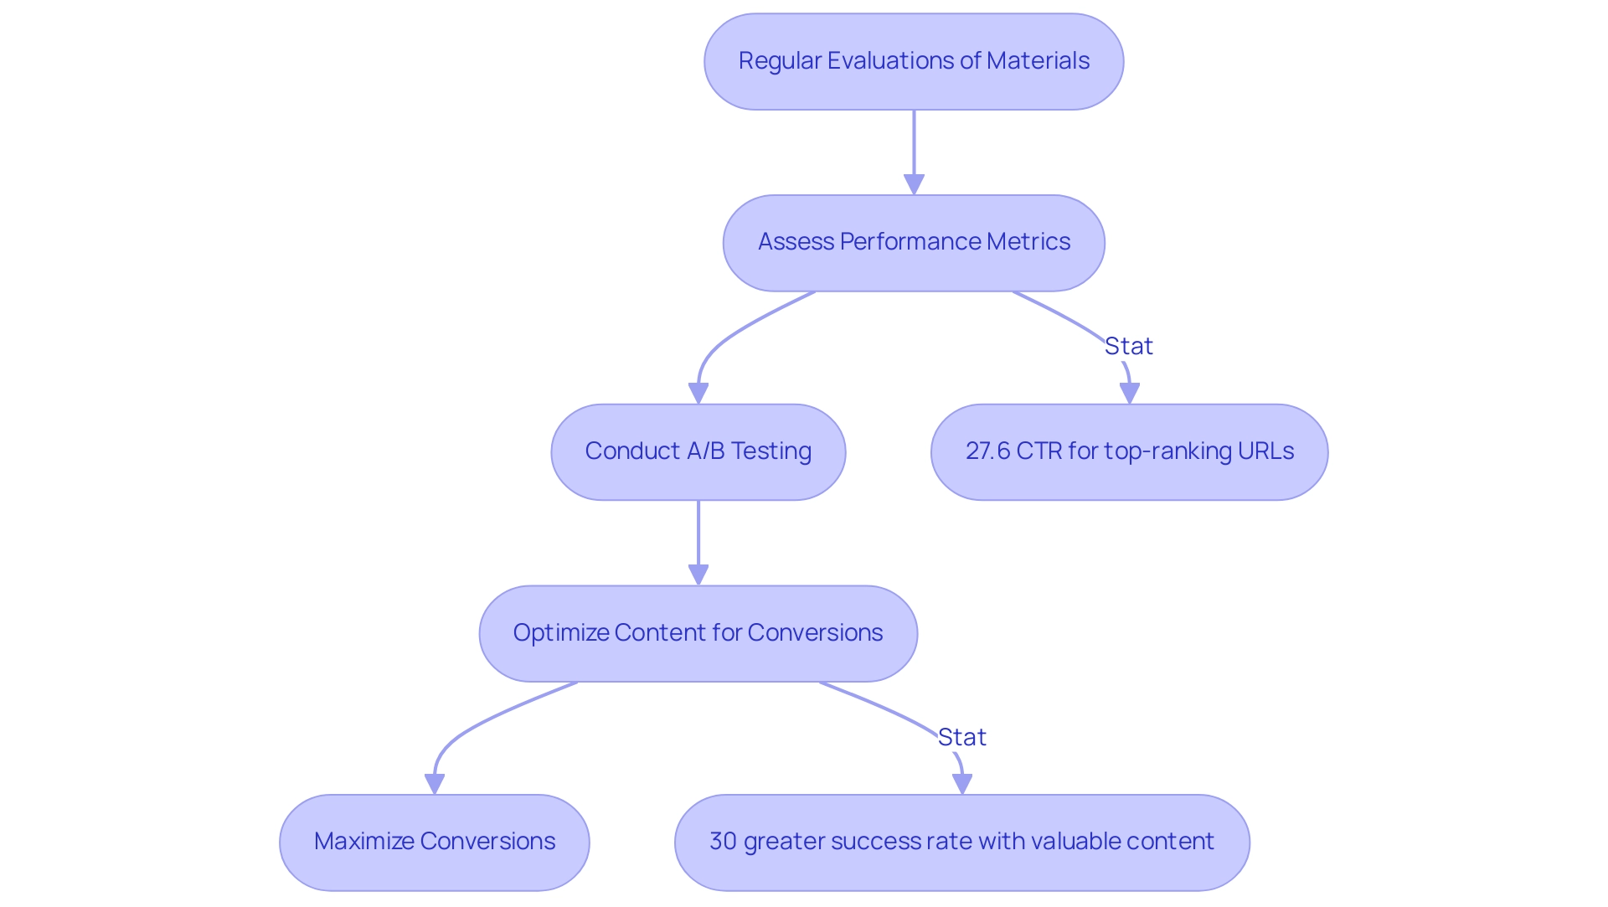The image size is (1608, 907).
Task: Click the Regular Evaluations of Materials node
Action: (914, 61)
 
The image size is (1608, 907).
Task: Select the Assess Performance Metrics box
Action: (914, 243)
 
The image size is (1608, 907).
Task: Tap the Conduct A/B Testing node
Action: (698, 452)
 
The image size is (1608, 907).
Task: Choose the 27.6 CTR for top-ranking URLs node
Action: (1129, 452)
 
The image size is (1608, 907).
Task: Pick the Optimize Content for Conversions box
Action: (698, 633)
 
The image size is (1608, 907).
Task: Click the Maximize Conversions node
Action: (434, 842)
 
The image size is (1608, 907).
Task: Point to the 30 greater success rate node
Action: (961, 842)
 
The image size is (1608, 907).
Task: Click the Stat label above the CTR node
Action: (1128, 346)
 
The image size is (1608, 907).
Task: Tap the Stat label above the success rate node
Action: (961, 737)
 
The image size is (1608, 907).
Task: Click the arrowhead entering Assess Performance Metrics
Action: (914, 184)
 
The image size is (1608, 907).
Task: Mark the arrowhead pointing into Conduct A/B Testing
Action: (698, 393)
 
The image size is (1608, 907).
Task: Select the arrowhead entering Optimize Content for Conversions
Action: (698, 575)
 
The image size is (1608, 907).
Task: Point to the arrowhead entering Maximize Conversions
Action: (435, 783)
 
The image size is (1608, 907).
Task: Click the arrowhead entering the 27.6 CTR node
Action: (1130, 393)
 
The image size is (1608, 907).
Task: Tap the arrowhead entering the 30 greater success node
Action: (962, 783)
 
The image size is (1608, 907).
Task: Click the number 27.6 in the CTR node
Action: (987, 451)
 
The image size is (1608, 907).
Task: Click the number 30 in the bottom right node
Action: (723, 842)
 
